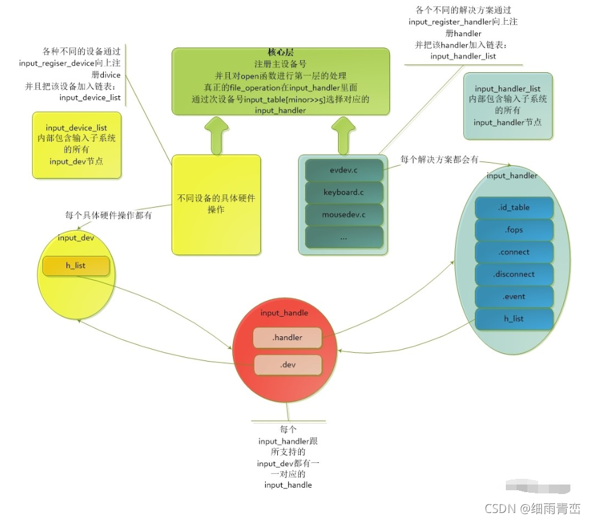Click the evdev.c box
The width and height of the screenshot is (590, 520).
coord(344,170)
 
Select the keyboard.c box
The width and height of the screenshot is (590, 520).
coord(344,192)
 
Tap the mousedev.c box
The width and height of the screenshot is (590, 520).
coord(344,215)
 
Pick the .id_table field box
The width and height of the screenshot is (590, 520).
coord(513,208)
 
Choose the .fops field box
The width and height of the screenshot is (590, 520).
coord(513,230)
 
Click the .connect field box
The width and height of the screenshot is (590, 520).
coord(513,252)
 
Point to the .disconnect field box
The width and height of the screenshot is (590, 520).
coord(513,274)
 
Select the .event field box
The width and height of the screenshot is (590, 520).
coord(513,296)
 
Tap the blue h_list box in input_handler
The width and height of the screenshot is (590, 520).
coord(513,319)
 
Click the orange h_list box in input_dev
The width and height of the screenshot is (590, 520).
coord(76,265)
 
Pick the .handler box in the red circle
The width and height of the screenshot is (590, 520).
coord(287,338)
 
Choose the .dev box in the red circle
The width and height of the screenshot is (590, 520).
coord(287,364)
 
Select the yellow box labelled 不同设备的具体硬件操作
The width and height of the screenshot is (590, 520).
coord(217,203)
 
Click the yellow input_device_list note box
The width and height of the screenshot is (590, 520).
coord(77,144)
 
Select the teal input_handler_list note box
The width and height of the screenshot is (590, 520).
coord(508,105)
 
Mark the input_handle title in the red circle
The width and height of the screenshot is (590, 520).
coord(284,313)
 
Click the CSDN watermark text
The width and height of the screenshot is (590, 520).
coord(532,508)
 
